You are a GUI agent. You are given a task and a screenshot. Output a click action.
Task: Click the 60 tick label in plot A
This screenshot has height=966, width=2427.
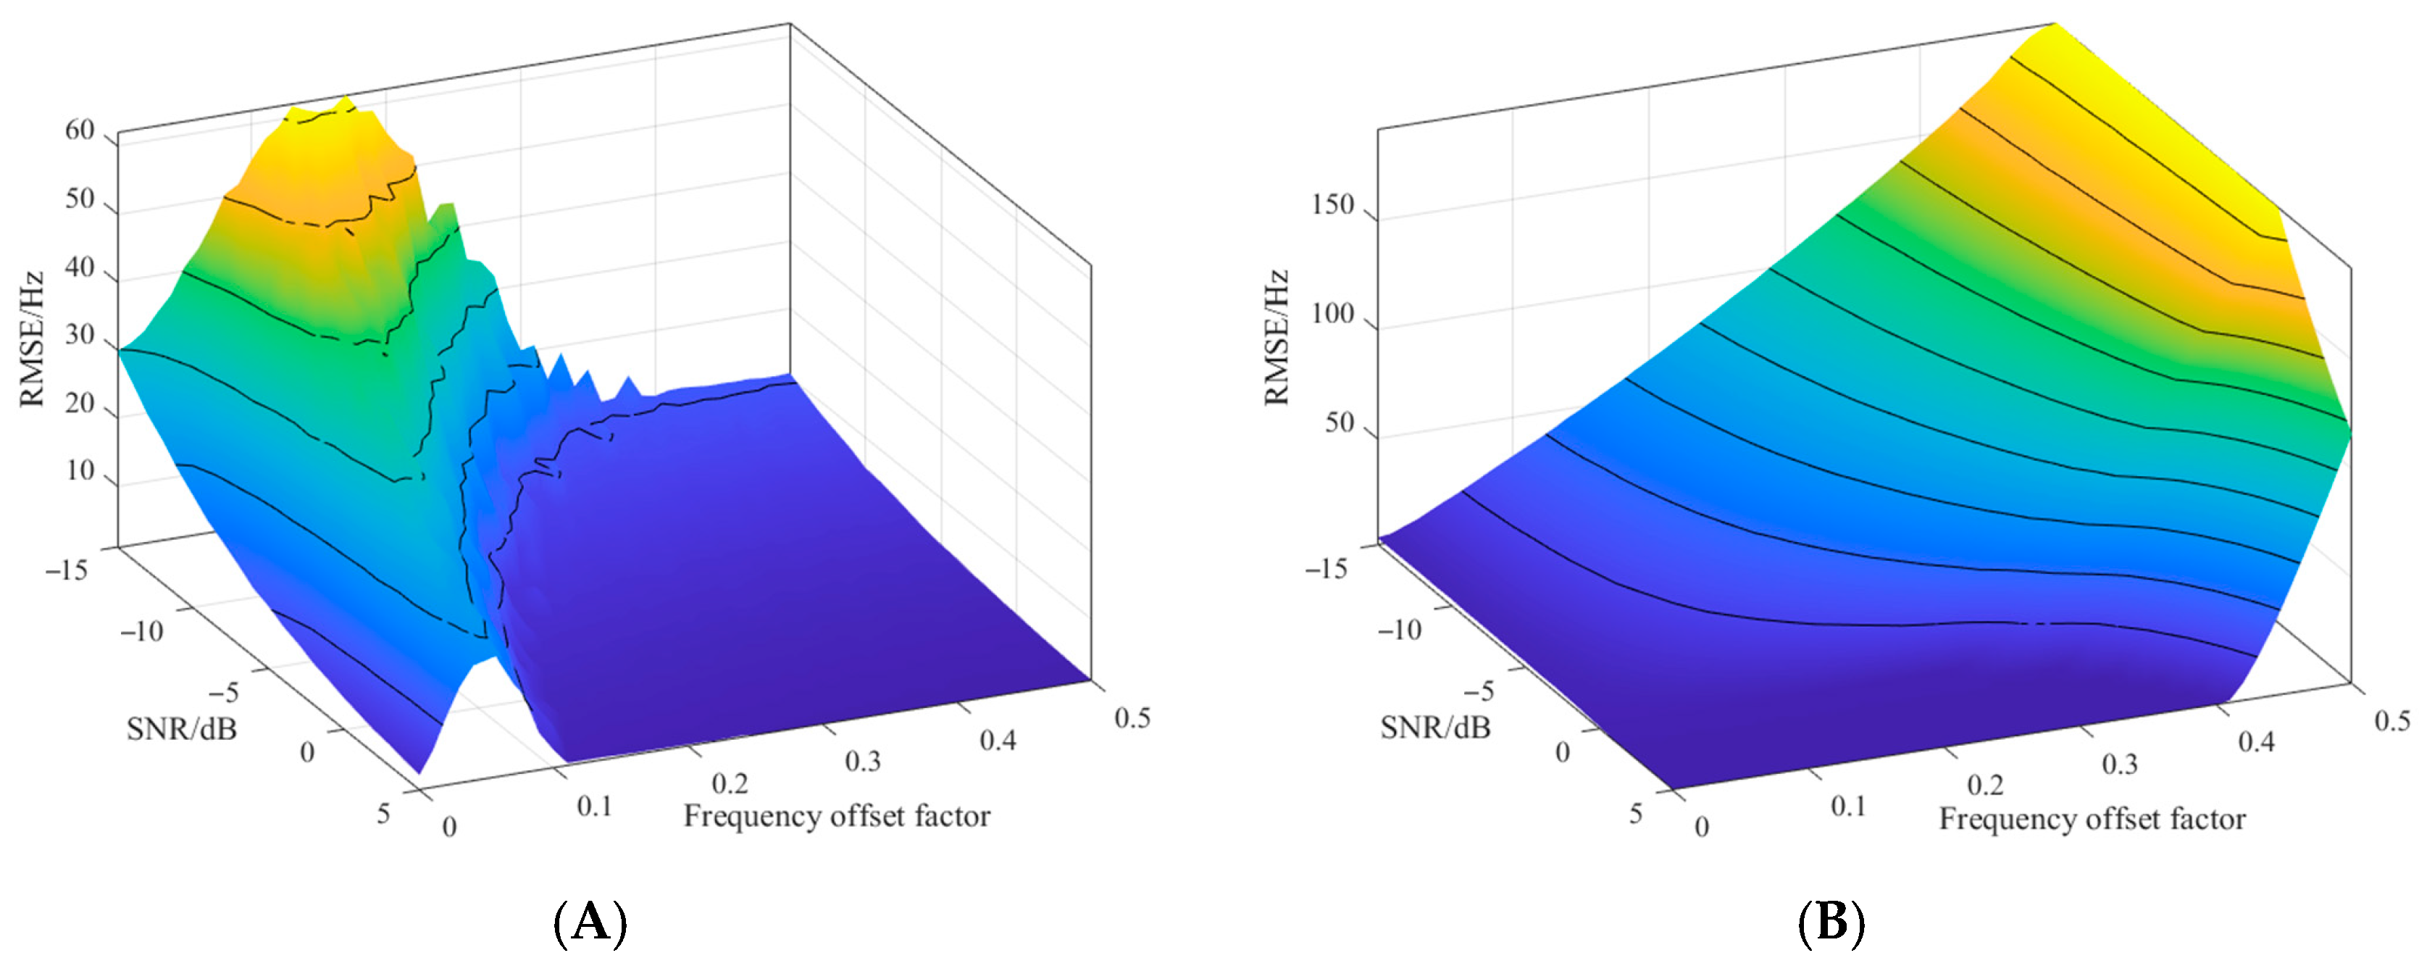80,131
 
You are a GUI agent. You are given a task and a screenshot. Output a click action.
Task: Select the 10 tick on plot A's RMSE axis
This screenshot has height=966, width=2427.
80,470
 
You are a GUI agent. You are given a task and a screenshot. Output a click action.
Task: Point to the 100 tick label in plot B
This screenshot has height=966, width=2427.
1332,314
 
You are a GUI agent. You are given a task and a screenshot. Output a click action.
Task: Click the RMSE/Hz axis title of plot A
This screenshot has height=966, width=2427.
32,339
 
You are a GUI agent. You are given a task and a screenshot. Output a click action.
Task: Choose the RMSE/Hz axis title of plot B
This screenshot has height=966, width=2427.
1276,338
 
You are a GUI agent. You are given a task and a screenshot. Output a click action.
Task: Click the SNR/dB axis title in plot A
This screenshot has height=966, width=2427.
182,728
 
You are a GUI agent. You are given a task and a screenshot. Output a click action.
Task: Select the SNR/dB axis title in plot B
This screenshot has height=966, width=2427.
1435,728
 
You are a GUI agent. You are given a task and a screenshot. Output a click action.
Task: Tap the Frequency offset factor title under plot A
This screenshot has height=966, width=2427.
837,816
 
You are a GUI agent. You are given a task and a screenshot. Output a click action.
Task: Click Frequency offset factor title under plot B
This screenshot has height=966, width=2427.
2092,819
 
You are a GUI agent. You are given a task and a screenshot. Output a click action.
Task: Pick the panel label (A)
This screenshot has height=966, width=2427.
590,923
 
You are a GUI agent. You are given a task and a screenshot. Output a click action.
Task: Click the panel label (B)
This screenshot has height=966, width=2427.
1831,923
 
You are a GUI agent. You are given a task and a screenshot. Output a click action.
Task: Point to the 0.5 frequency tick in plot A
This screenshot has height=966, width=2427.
1132,718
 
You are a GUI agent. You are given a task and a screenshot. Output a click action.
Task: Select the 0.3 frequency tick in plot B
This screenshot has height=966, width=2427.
2119,763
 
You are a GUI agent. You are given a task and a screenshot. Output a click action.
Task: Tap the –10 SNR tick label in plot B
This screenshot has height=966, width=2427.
1399,630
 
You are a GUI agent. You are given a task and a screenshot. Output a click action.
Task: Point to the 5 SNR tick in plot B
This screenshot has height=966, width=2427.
1636,813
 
